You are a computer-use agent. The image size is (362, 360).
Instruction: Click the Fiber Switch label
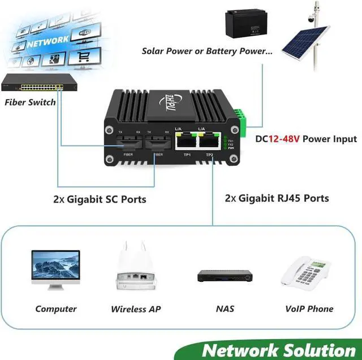[x=30, y=102]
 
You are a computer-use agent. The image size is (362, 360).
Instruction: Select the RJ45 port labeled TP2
[x=209, y=142]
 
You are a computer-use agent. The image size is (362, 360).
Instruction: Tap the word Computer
[x=56, y=309]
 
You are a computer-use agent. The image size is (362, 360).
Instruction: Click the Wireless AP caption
[x=136, y=309]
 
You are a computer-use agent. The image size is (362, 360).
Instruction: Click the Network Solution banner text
[x=278, y=349]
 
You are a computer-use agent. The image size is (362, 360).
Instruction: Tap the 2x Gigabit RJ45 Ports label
[x=277, y=199]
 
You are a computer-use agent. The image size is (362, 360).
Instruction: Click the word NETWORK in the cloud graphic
[x=48, y=41]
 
